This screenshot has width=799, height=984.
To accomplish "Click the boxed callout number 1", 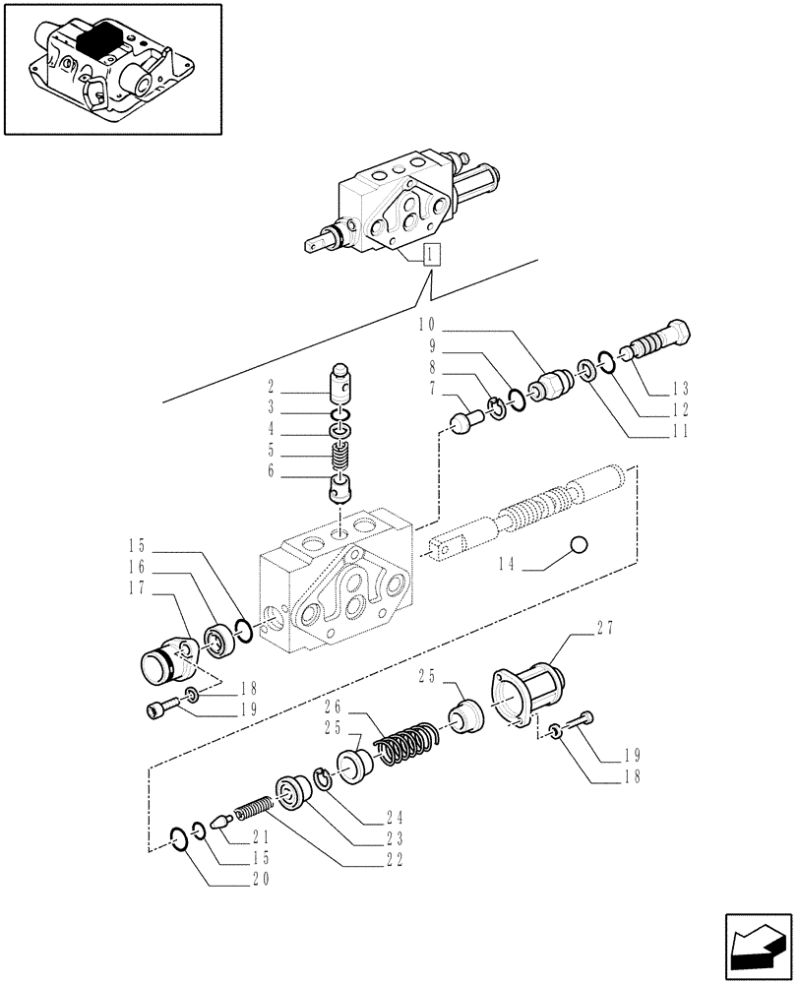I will pos(432,256).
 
